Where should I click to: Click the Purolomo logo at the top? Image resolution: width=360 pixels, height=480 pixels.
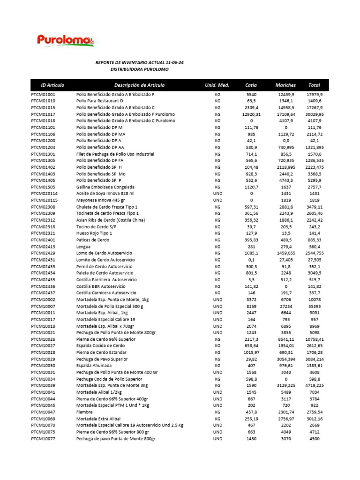(66, 40)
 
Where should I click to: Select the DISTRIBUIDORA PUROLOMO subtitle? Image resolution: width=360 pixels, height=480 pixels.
(139, 69)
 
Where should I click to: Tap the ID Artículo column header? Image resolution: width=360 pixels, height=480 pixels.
(52, 85)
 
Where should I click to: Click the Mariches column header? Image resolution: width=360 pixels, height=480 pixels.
(285, 85)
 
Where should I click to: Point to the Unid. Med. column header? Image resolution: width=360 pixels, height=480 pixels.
(217, 85)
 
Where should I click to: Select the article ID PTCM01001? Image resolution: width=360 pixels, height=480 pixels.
(43, 94)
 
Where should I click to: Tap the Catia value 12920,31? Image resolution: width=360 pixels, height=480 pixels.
(251, 114)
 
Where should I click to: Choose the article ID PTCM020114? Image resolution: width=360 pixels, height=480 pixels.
(45, 194)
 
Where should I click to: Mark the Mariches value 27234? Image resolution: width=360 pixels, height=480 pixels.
(285, 306)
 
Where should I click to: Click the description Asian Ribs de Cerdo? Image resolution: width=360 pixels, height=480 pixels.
(111, 220)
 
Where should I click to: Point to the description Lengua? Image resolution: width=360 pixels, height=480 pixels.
(83, 247)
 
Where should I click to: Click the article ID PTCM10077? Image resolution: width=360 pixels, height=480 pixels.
(43, 439)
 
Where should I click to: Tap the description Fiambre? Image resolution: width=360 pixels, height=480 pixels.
(84, 412)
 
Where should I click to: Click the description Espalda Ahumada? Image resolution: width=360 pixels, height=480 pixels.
(94, 366)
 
